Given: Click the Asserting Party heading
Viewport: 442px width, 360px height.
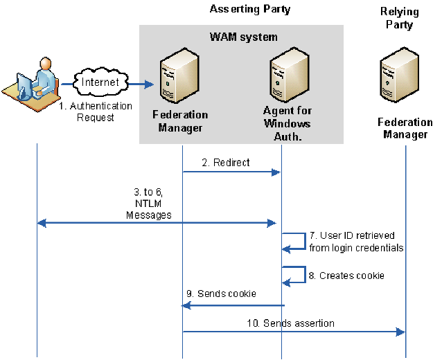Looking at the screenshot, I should tap(249, 9).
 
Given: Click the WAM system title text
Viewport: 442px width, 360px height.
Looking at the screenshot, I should tap(243, 36).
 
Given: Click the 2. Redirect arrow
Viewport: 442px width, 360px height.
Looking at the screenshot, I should tap(231, 172).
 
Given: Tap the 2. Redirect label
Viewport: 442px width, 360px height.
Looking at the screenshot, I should tap(226, 163).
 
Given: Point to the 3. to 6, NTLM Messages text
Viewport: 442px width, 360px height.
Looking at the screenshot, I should tap(148, 206).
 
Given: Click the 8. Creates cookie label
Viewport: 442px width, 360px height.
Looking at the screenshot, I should tap(346, 276).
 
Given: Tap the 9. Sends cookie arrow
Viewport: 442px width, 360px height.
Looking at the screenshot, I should tap(231, 305).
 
